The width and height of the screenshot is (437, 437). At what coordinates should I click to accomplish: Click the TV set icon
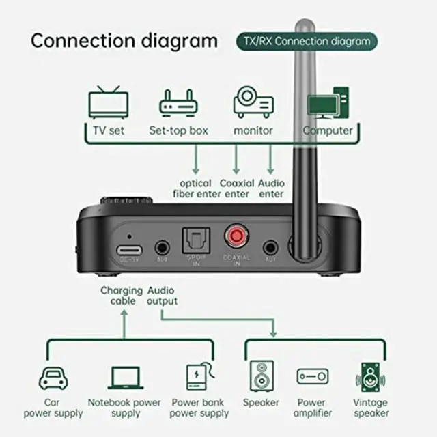point(109,102)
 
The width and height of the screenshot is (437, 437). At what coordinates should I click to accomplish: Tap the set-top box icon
point(178,104)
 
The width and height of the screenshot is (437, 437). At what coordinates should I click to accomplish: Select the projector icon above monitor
point(253,103)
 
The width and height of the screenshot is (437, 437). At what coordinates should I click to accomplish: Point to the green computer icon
point(327,104)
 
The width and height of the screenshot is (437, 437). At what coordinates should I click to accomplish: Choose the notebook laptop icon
point(124,378)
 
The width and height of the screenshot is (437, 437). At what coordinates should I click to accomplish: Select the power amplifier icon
point(312,376)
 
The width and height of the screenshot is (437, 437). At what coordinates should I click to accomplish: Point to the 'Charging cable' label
point(122,296)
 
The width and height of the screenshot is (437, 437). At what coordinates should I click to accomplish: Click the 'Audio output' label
point(163,296)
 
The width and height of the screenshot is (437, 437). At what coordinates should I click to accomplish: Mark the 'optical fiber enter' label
point(195,188)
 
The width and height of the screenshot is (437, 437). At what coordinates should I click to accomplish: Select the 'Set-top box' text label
point(178,130)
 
